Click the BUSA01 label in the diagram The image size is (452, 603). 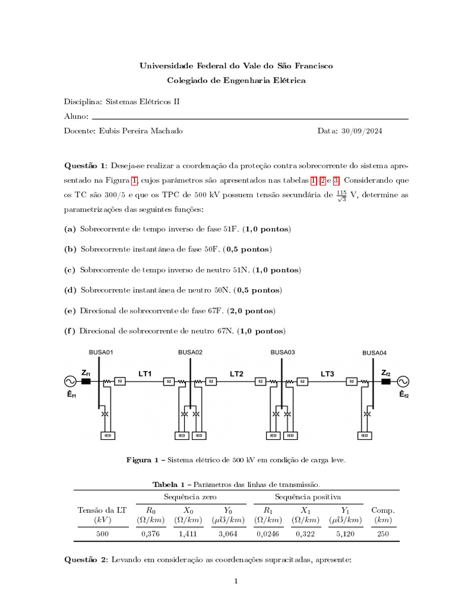pos(101,352)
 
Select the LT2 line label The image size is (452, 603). pos(236,373)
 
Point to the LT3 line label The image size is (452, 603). pos(327,373)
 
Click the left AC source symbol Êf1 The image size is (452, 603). pos(69,382)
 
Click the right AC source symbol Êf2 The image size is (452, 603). pos(404,382)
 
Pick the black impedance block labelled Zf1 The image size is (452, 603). pos(86,382)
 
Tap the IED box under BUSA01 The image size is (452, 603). pos(107,436)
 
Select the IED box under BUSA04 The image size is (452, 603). pos(364,436)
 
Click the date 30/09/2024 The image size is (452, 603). pos(361,131)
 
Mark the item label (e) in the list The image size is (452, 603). pos(69,310)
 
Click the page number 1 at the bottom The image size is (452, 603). pos(235,582)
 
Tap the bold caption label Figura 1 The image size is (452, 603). pos(143,460)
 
